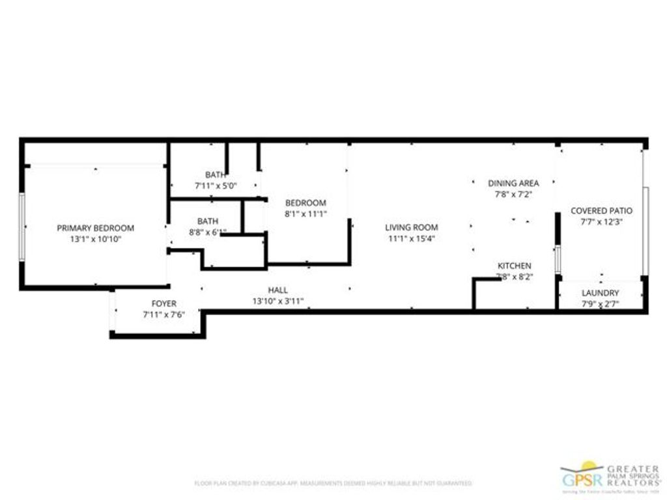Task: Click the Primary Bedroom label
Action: coord(95,228)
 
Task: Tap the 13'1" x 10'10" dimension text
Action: coord(95,239)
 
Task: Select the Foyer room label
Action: coord(163,304)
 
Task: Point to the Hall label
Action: coord(277,290)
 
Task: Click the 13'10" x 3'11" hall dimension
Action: coord(277,301)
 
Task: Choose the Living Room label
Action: coord(411,227)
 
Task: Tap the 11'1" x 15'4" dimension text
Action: coord(411,238)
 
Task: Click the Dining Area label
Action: coord(514,183)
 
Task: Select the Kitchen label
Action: coord(514,266)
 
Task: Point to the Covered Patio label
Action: coord(601,210)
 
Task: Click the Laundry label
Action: coord(600,293)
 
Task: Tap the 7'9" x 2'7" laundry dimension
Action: coord(600,303)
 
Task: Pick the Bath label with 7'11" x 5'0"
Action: coord(216,174)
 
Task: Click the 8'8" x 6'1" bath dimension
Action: coord(207,232)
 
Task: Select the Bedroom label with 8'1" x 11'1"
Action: coord(305,202)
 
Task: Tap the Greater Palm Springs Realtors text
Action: coord(632,474)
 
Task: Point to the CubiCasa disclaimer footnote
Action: coord(333,483)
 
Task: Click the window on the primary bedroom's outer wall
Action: coord(21,227)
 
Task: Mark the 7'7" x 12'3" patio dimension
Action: coord(601,221)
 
